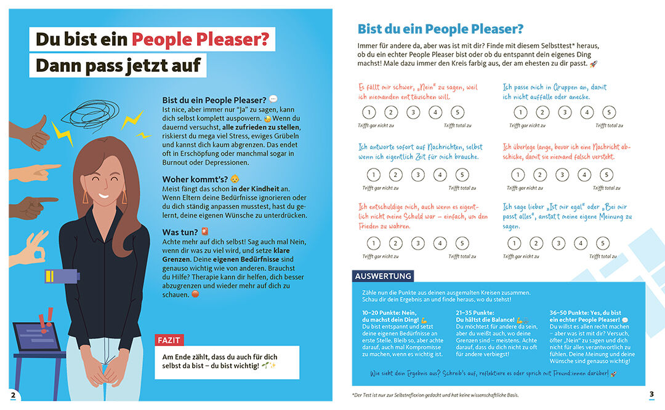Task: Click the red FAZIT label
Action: pos(169,340)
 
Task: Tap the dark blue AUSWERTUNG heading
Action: pos(383,277)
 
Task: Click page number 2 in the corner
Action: pos(13,394)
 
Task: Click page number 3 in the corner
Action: pos(651,394)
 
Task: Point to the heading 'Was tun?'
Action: pos(180,232)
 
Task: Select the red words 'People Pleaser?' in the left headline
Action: pos(200,39)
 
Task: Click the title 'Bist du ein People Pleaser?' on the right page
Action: pos(440,29)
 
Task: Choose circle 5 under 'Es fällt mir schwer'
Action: pos(457,112)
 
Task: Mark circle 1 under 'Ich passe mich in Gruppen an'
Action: pos(520,112)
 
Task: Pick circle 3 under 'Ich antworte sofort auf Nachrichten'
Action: pos(417,175)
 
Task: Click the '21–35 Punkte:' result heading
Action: pos(477,312)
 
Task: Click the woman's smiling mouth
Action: pos(103,198)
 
